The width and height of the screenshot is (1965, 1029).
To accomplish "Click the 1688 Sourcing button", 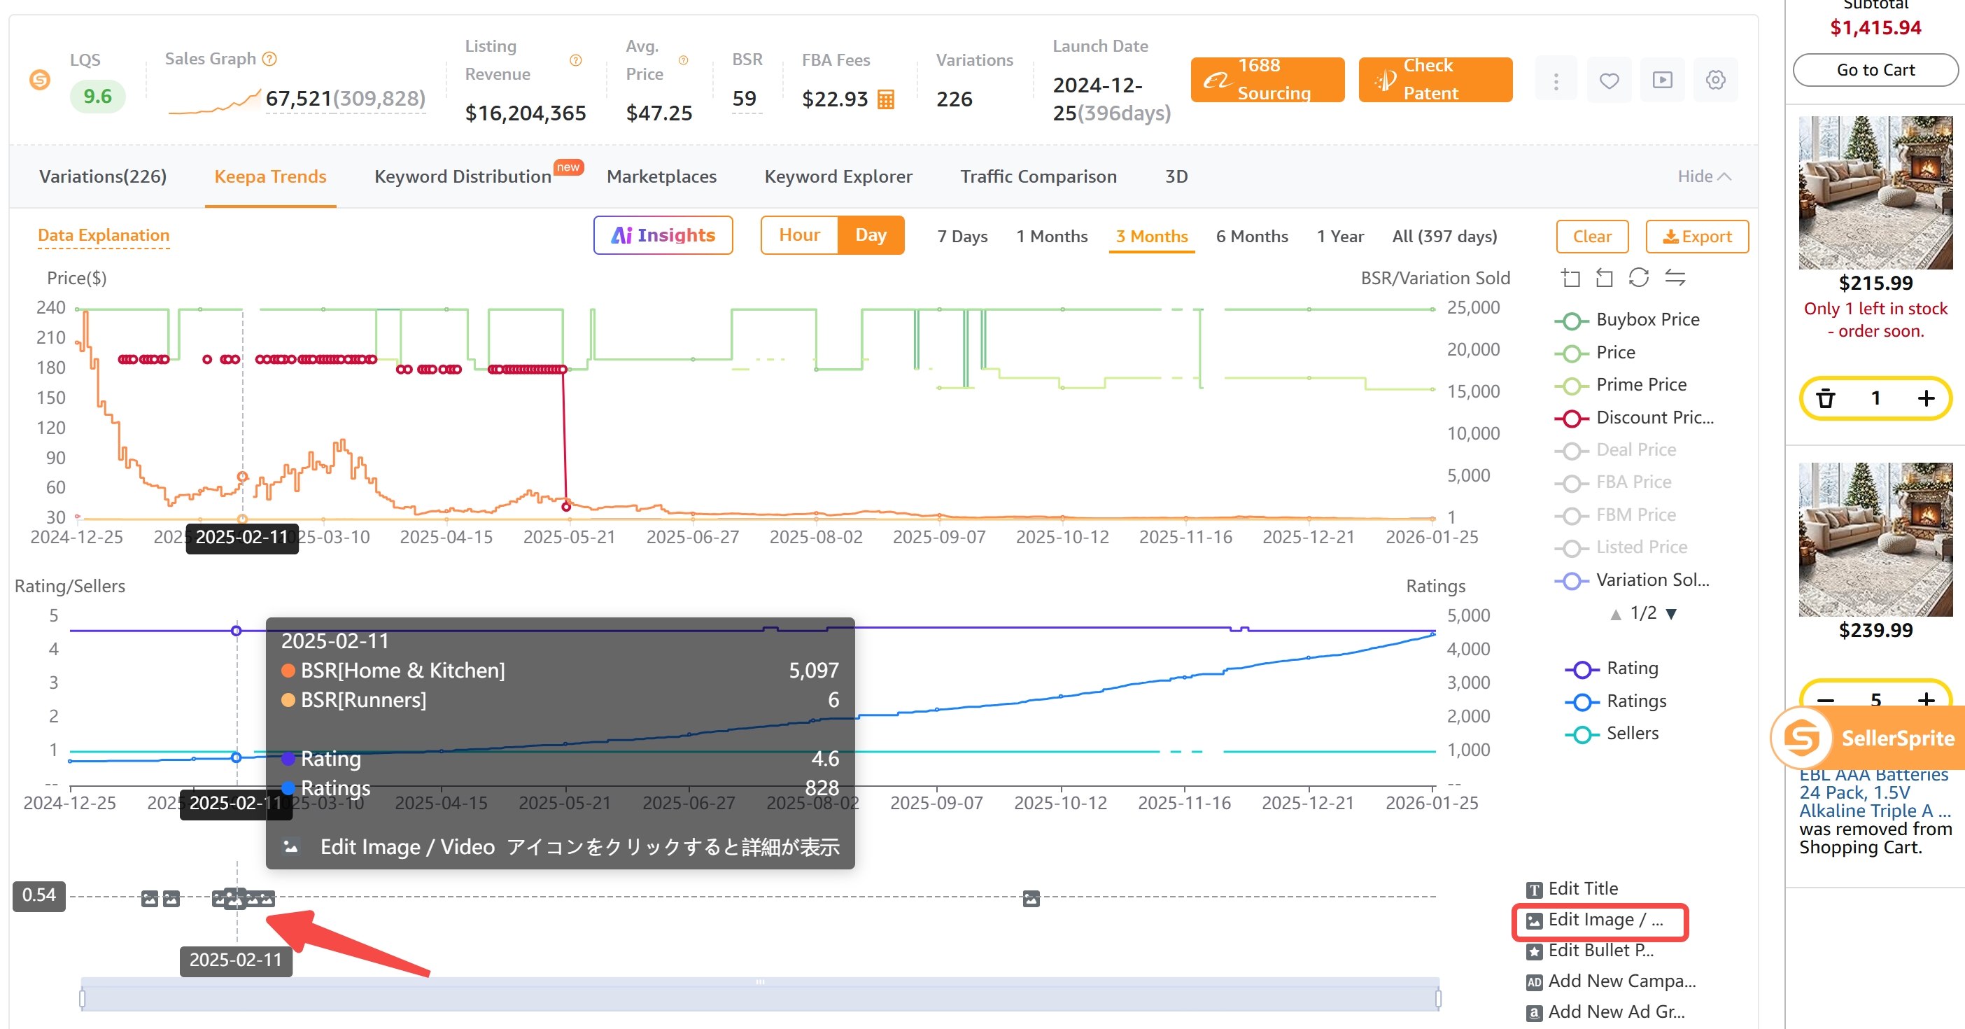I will [1267, 79].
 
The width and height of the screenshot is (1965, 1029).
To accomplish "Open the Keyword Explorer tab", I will [838, 176].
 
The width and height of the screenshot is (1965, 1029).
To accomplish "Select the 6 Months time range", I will [1251, 237].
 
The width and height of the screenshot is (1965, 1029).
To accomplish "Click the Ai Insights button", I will [662, 235].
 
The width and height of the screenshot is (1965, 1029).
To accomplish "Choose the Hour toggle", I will [798, 235].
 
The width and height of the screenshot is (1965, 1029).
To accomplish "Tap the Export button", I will [1696, 237].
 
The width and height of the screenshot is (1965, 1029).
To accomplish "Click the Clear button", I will [1591, 237].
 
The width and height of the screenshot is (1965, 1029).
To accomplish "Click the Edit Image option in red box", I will [1600, 920].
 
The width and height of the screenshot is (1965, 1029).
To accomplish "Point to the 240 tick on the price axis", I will [50, 307].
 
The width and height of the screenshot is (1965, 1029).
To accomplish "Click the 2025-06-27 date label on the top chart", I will [692, 537].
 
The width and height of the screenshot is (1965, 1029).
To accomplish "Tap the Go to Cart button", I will [1874, 69].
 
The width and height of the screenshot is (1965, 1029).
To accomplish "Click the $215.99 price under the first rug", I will [1875, 283].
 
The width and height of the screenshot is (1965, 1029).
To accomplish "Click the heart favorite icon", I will [1609, 80].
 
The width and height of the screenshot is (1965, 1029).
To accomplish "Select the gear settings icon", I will [1714, 80].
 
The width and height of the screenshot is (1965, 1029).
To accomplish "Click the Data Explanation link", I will [104, 235].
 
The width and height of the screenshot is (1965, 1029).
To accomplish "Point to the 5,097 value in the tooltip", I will [813, 671].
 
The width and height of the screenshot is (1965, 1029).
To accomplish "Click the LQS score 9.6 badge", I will [97, 96].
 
